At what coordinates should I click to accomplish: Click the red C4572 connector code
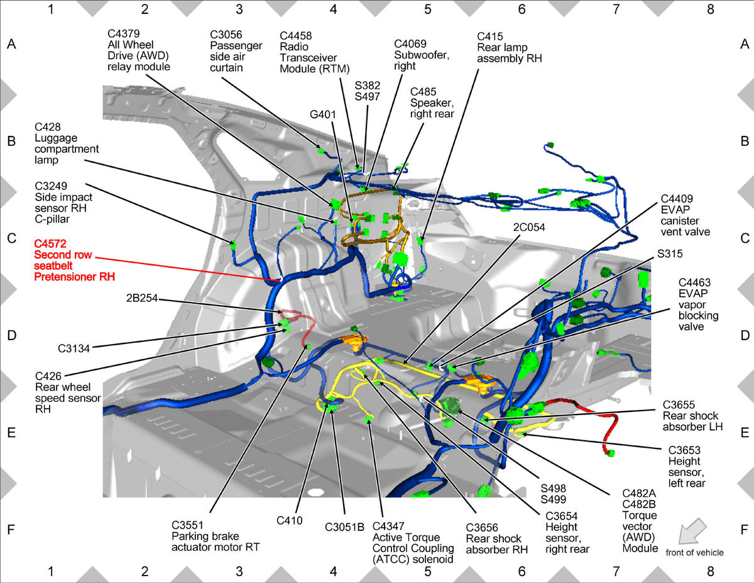(50, 244)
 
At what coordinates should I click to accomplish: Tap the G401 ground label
(323, 114)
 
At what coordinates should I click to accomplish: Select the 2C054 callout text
(529, 228)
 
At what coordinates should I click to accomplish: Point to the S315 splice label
(670, 254)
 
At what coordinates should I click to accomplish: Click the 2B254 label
(142, 298)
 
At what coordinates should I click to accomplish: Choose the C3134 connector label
(74, 348)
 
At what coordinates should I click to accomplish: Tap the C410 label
(290, 521)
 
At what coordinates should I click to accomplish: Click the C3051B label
(344, 527)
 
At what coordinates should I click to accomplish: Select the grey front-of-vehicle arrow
(692, 531)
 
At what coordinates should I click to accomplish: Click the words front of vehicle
(695, 553)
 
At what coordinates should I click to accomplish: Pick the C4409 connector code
(677, 199)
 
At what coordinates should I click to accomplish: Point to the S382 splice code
(368, 86)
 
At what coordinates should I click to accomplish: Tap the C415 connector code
(490, 36)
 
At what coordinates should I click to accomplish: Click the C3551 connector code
(187, 525)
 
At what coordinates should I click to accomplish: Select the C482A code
(639, 493)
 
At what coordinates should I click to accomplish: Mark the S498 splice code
(553, 488)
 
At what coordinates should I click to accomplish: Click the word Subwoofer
(422, 55)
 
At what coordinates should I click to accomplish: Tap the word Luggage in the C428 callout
(56, 138)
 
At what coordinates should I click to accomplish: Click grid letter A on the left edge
(11, 44)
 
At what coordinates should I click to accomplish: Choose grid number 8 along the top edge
(710, 9)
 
